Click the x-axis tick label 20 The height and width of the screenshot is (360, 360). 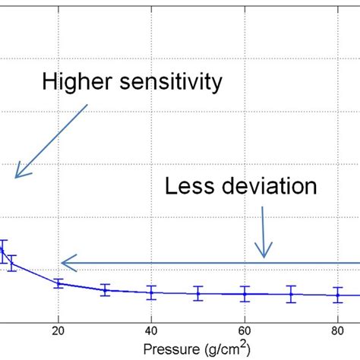point(58,330)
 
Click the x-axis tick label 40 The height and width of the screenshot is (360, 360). point(151,330)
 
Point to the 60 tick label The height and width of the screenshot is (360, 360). point(245,330)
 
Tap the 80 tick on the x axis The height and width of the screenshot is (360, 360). point(338,330)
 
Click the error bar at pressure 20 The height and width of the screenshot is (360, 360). point(58,283)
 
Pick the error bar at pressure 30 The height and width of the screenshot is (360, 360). point(105,289)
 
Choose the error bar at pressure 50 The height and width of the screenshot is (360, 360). point(198,293)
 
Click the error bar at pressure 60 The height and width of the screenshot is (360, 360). point(245,293)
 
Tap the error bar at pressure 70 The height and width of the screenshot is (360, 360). point(291,294)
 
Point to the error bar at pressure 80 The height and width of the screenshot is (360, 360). point(338,295)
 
